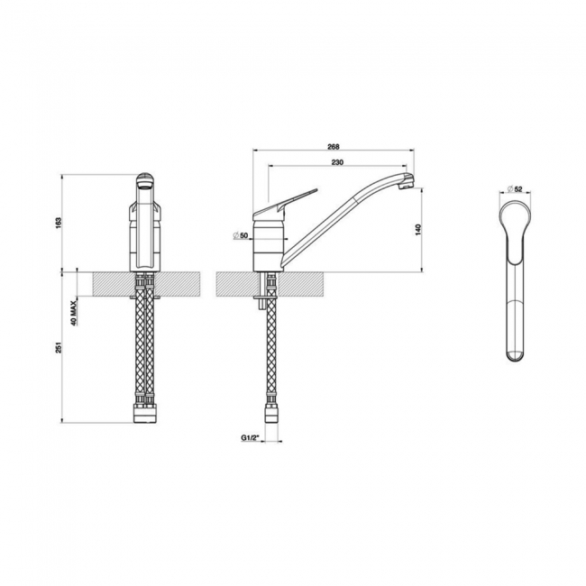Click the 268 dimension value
pyautogui.click(x=333, y=145)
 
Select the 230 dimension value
pyautogui.click(x=336, y=162)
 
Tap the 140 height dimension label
pyautogui.click(x=418, y=230)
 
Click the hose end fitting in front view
pyautogui.click(x=144, y=415)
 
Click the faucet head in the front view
pyautogui.click(x=144, y=184)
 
